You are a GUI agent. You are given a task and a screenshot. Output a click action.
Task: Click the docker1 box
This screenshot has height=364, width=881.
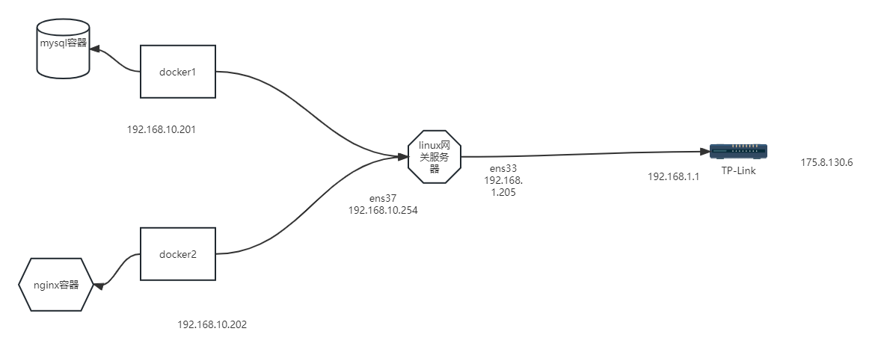tap(178, 72)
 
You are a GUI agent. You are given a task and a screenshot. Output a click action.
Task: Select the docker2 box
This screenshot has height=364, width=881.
tap(178, 254)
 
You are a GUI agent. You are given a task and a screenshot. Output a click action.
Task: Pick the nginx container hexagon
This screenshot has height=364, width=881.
tap(56, 285)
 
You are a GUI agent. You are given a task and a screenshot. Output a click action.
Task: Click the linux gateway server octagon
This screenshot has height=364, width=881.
tap(435, 156)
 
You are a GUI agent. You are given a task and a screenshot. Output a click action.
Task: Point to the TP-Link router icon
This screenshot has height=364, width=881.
tap(738, 152)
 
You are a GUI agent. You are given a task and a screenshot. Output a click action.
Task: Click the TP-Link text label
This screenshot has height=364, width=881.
tap(738, 170)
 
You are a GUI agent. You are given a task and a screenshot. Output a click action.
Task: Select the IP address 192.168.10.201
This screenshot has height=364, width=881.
tap(162, 129)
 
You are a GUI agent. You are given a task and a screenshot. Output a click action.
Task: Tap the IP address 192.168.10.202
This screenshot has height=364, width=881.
tap(212, 324)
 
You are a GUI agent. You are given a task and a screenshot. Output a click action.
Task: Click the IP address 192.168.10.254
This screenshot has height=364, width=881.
tap(383, 210)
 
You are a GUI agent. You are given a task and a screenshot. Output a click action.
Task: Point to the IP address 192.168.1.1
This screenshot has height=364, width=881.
tap(673, 176)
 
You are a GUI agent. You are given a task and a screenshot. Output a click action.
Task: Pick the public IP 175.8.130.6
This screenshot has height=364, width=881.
tap(826, 162)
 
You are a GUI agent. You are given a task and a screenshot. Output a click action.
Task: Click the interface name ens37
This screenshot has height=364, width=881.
tap(383, 199)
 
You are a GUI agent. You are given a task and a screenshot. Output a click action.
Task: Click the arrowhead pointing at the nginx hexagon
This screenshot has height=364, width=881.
tap(98, 285)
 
